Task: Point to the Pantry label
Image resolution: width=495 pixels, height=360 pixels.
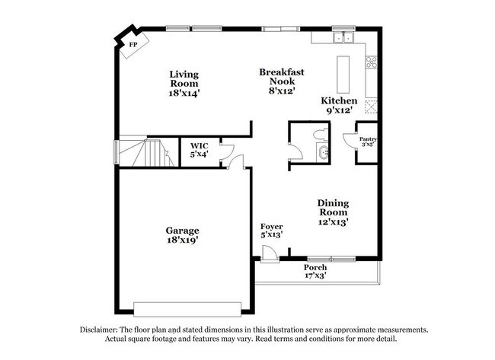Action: (x=367, y=139)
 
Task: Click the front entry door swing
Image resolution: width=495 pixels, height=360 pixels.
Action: (x=268, y=253)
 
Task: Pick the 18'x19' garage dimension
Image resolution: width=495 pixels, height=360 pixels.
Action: (x=183, y=240)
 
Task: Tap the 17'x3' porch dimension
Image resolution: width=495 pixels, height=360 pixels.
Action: (x=315, y=276)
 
